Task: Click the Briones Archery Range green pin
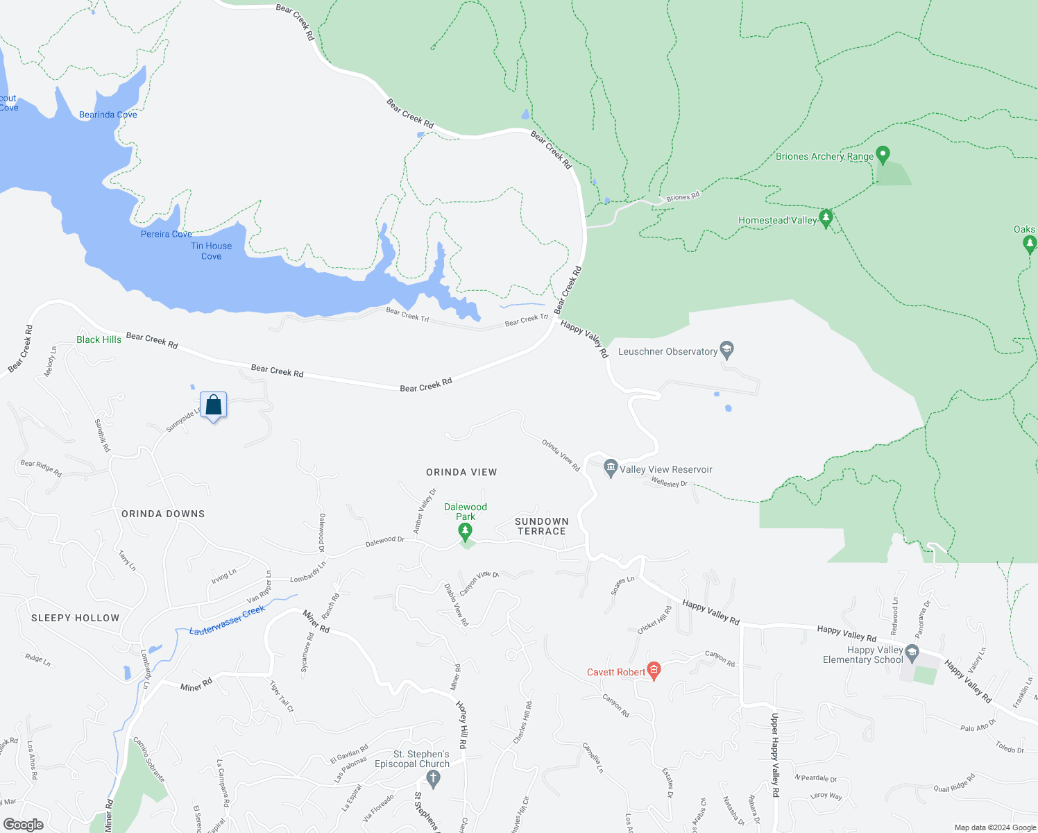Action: [x=883, y=154]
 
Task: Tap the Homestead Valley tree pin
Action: [x=826, y=219]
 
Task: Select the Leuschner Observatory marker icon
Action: [x=726, y=350]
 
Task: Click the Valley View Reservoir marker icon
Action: [x=611, y=469]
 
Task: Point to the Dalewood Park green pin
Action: [x=466, y=532]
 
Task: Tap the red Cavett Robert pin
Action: [x=654, y=671]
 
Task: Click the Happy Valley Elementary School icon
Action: [x=912, y=653]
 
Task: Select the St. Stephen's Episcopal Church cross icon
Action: [x=434, y=778]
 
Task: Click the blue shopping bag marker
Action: [x=214, y=405]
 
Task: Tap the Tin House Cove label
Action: [x=212, y=251]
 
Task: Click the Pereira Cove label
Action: [x=167, y=234]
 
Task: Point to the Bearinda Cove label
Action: [x=108, y=115]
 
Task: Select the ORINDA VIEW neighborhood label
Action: [x=461, y=472]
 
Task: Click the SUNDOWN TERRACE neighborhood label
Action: [x=542, y=526]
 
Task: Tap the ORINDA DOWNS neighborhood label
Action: [x=163, y=514]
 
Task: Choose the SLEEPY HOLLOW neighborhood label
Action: [x=76, y=618]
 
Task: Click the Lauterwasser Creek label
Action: [x=228, y=620]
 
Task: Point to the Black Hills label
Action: [x=99, y=339]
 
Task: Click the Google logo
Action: [x=23, y=825]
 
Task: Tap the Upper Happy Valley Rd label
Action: [x=775, y=755]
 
